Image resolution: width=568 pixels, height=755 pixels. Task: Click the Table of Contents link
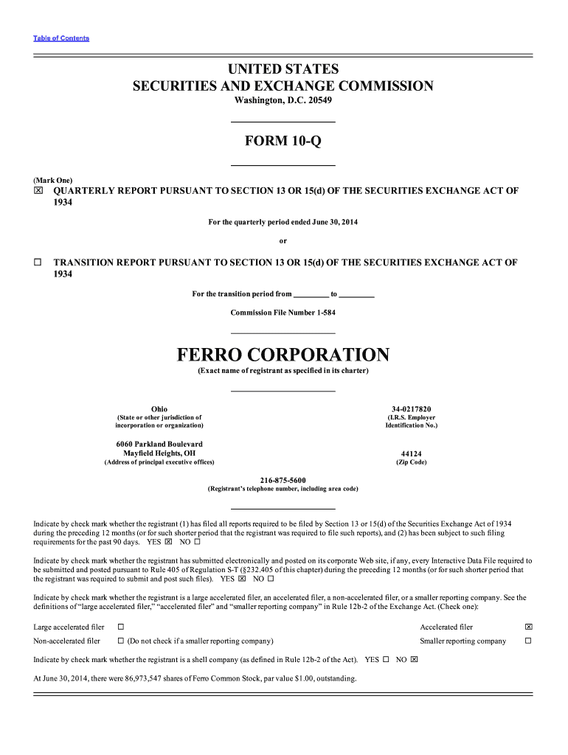61,38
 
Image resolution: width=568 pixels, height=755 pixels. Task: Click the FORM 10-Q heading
283,141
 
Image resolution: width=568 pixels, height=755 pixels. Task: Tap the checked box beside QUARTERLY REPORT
38,191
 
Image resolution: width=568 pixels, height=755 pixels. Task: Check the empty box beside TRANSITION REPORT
38,262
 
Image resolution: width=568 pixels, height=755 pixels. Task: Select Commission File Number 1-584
283,313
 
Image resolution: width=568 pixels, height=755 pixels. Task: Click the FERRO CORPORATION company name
283,355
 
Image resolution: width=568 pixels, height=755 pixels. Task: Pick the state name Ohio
159,409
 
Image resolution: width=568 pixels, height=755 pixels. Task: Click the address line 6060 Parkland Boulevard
159,444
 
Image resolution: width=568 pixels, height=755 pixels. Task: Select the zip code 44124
412,454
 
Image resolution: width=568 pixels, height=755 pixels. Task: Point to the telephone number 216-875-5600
283,480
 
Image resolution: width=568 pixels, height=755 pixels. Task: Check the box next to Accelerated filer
528,627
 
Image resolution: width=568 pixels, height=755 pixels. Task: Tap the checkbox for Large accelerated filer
120,627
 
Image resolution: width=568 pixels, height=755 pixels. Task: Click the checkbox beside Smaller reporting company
528,641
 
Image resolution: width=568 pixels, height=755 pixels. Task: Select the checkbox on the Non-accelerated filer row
120,641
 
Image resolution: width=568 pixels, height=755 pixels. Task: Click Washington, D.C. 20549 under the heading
283,100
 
